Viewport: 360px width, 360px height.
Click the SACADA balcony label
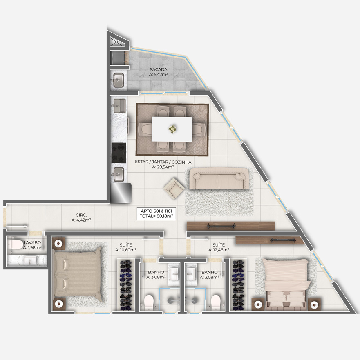click(159, 69)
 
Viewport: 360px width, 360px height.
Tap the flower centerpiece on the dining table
click(172, 129)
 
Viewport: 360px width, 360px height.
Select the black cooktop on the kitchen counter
click(119, 153)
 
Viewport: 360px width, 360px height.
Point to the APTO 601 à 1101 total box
click(157, 213)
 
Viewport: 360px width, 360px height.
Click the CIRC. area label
click(81, 215)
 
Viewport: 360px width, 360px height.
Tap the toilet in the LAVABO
click(15, 244)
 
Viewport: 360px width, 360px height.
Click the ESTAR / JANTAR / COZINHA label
click(163, 162)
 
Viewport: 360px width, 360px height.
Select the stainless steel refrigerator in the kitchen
click(121, 193)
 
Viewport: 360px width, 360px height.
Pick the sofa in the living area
click(219, 179)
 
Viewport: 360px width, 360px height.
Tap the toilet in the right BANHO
click(216, 302)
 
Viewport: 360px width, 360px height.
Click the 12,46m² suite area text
click(218, 250)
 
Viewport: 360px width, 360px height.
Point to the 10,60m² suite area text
click(125, 250)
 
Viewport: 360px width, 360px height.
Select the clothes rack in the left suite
click(126, 285)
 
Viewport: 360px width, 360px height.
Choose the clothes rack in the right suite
click(238, 285)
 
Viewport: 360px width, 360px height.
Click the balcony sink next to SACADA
click(119, 80)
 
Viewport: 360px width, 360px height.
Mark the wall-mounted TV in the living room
click(221, 227)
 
